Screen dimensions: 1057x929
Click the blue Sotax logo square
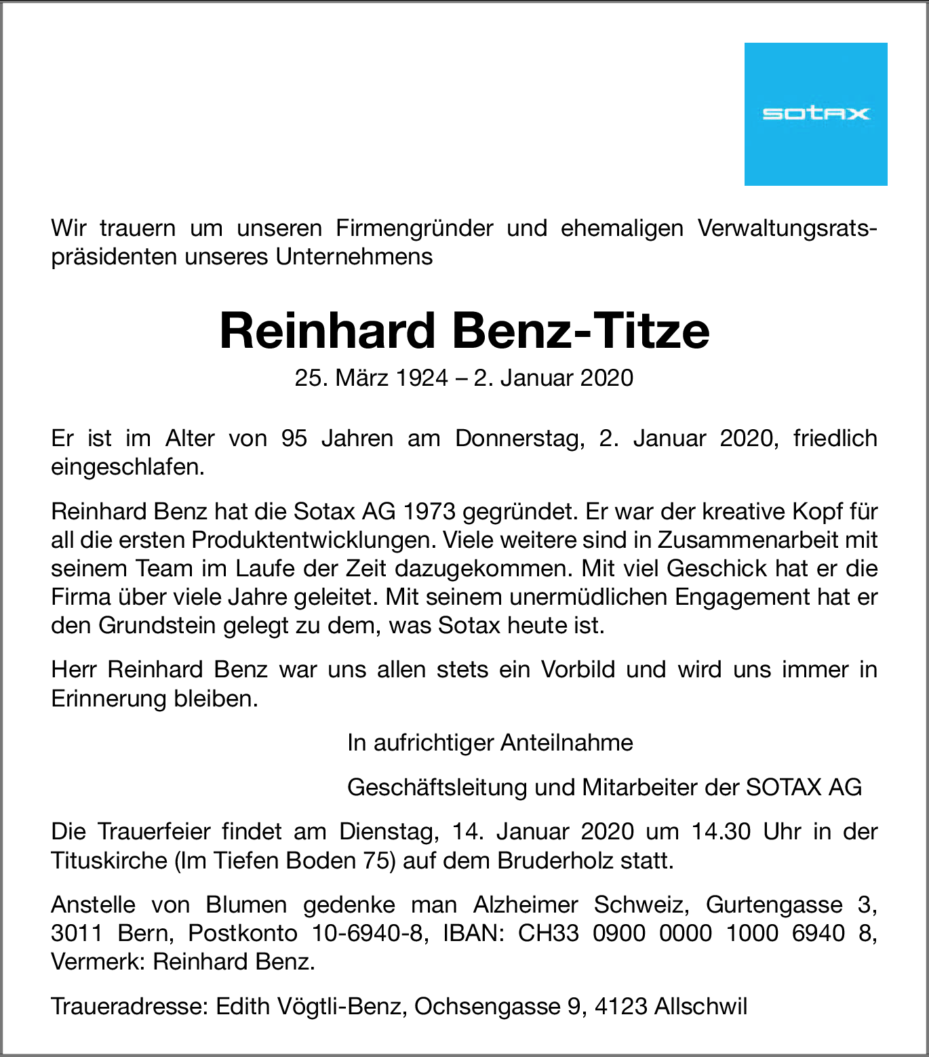815,114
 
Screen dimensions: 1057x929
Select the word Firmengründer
414,228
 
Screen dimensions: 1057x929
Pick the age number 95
294,439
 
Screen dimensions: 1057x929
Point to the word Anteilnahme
566,743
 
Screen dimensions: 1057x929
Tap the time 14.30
721,831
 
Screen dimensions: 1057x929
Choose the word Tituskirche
109,860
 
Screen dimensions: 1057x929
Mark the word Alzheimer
526,904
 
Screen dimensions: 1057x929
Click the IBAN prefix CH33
548,934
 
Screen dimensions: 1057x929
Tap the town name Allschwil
700,1006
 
